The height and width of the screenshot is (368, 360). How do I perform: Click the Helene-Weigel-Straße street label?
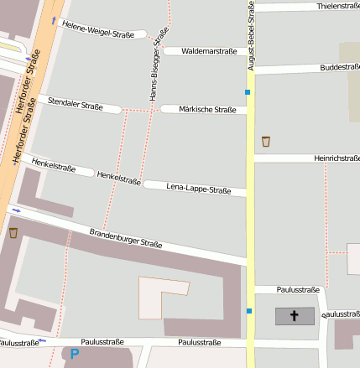pos(98,29)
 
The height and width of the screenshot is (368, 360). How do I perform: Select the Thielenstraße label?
pos(338,6)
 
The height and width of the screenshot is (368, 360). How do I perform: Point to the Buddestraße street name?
pos(340,67)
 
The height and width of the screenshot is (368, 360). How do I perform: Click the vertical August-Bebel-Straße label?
pos(250,34)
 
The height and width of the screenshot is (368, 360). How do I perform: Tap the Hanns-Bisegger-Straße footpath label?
pos(158,64)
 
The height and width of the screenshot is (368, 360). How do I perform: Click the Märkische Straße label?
pos(207,109)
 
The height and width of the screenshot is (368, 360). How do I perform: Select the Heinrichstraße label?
pos(337,158)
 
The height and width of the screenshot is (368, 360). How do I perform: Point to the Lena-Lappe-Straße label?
pos(199,189)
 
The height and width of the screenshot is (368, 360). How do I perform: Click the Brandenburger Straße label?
pos(126,238)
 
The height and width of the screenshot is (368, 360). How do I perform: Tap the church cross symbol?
pos(295,316)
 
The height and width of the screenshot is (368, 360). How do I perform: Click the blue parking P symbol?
pos(74,355)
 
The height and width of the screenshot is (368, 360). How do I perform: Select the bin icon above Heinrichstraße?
pos(266,141)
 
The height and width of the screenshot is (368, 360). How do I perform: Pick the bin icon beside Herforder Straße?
pos(13,232)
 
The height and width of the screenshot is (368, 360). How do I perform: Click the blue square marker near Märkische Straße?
pos(248,91)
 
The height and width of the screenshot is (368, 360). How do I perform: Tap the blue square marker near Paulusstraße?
pos(248,312)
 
